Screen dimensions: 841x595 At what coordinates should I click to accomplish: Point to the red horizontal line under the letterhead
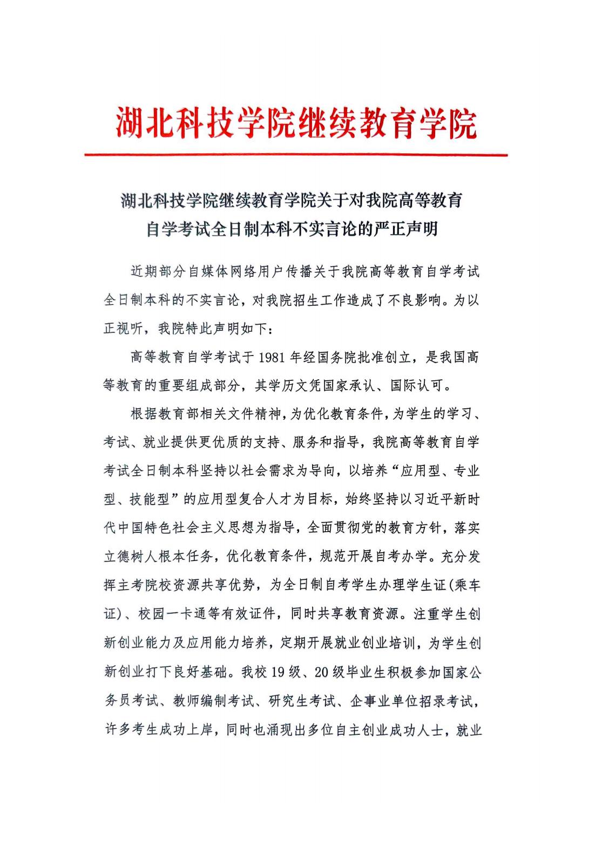coord(296,155)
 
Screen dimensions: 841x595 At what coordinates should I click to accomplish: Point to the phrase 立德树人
coord(131,556)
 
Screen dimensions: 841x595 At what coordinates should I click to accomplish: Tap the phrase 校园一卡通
coord(172,613)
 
